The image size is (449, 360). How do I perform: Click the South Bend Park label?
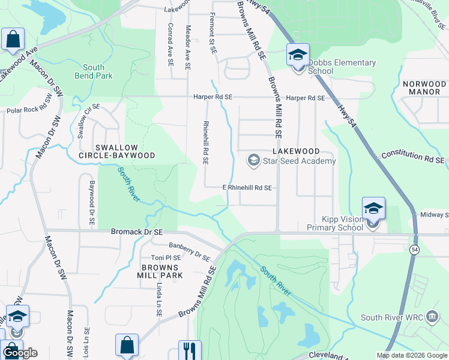[x=94, y=72]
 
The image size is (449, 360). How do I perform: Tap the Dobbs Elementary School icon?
[x=298, y=56]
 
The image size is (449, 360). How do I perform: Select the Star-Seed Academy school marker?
[x=253, y=161]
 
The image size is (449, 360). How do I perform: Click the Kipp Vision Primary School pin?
[x=373, y=209]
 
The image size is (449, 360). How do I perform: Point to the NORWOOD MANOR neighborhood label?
[x=425, y=88]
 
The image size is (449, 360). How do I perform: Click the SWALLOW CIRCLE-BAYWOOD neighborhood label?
[x=116, y=151]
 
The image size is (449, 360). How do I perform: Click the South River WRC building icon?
[x=432, y=317]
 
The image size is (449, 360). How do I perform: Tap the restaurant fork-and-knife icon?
[x=190, y=350]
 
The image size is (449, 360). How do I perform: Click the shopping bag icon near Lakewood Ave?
[x=13, y=40]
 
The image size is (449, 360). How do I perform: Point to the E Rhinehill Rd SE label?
[x=248, y=188]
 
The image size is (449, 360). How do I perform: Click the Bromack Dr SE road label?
[x=137, y=231]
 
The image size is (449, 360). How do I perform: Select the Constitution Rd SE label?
[x=413, y=157]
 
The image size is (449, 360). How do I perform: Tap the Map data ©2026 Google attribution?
[x=411, y=355]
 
